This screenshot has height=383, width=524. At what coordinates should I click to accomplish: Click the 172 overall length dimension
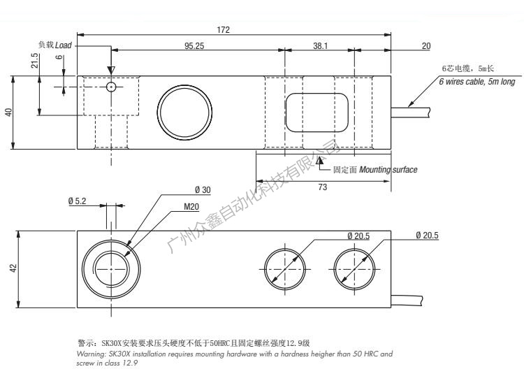[x=224, y=29]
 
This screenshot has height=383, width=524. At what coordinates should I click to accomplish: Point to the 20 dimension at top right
[x=426, y=45]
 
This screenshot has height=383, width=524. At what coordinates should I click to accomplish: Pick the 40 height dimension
[x=9, y=112]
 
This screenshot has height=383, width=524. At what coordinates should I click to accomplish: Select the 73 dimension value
[x=323, y=187]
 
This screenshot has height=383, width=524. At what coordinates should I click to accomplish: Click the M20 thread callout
[x=191, y=207]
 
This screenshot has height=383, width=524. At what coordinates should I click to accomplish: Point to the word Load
[x=64, y=45]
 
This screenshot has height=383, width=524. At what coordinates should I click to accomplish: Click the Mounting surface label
[x=388, y=170]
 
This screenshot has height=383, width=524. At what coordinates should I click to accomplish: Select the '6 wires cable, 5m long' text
[x=476, y=82]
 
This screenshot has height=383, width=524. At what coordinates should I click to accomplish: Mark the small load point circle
[x=111, y=87]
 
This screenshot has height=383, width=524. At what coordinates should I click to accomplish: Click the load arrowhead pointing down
[x=111, y=71]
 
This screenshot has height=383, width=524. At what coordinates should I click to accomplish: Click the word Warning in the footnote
[x=91, y=354]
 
